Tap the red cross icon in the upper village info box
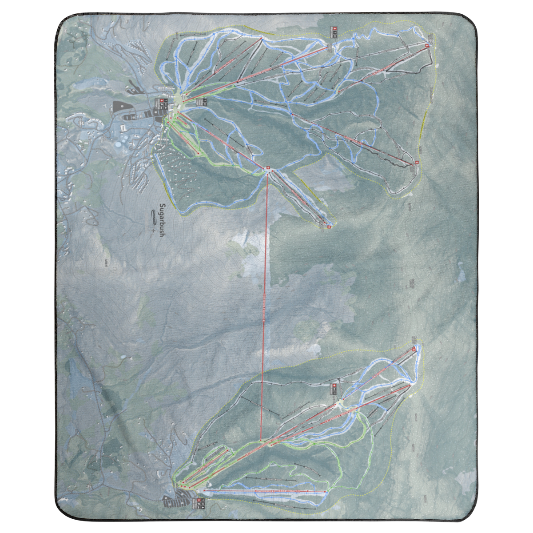[159, 101]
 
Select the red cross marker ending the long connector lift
[267, 168]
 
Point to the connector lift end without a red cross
[261, 440]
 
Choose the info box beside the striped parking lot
[197, 504]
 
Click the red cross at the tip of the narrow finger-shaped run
[329, 227]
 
